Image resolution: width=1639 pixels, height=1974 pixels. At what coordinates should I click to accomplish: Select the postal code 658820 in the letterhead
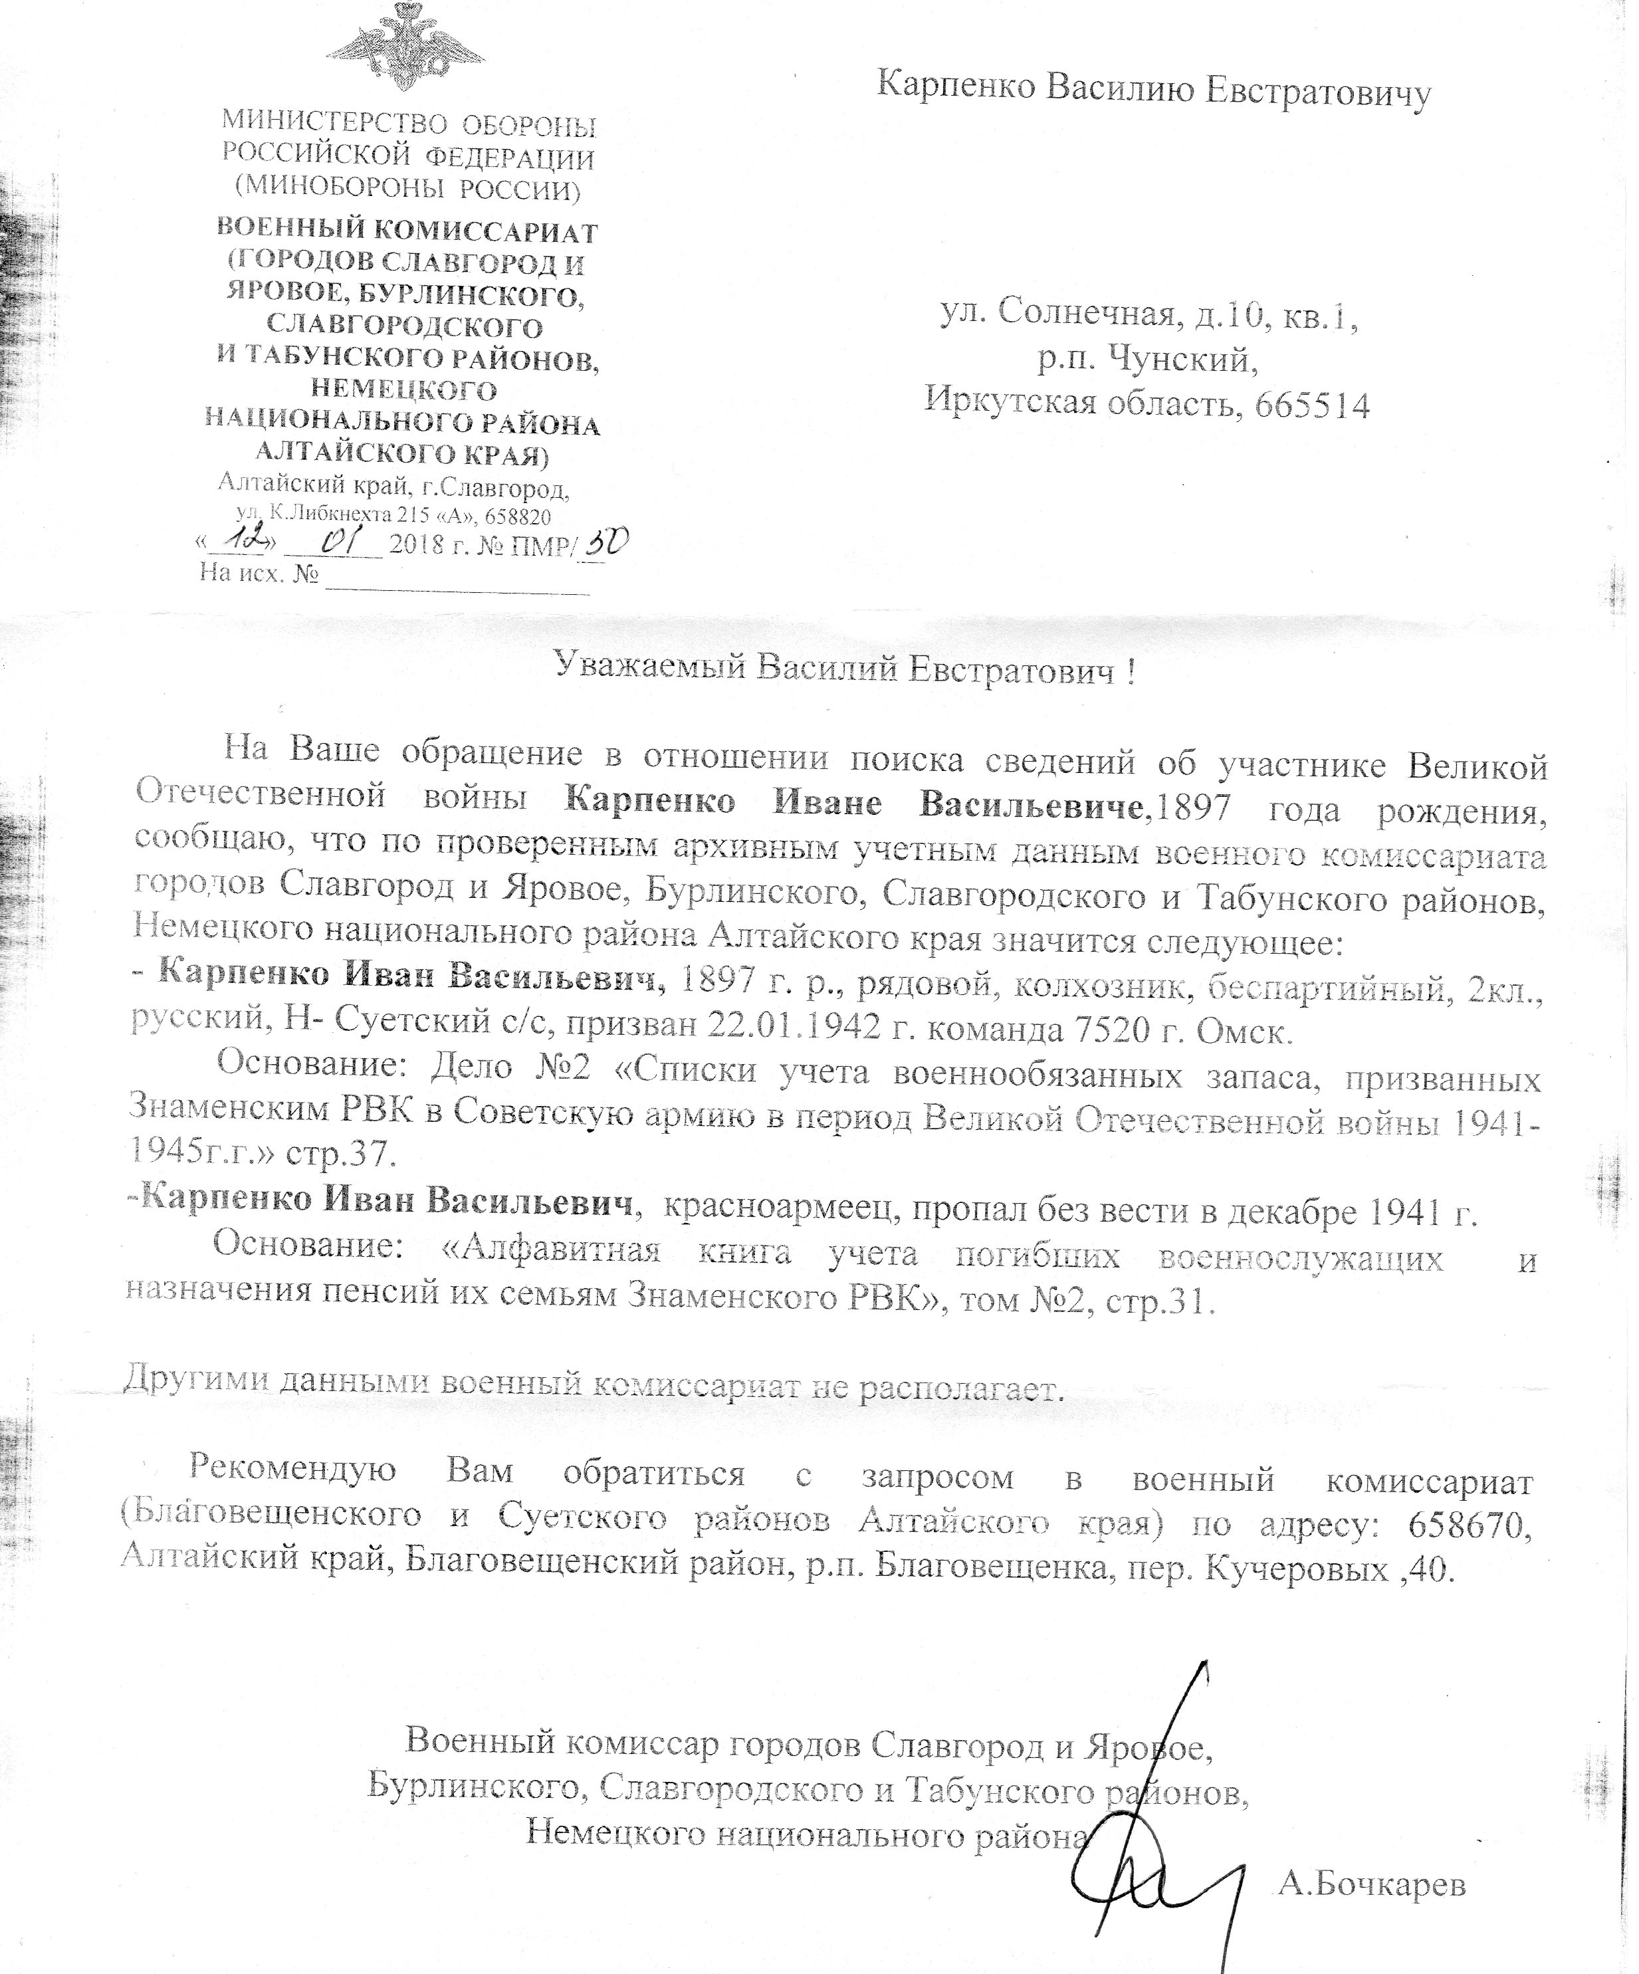(518, 516)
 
